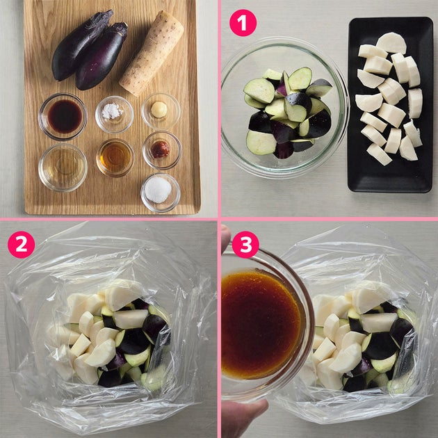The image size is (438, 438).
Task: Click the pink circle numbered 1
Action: pyautogui.click(x=243, y=23)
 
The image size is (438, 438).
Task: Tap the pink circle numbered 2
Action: pyautogui.click(x=22, y=245)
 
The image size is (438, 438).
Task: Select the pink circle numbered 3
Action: pyautogui.click(x=245, y=245)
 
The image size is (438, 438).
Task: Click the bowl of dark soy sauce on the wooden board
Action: pyautogui.click(x=63, y=117)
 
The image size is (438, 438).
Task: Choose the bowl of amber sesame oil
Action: pyautogui.click(x=115, y=158)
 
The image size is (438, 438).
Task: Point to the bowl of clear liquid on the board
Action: pyautogui.click(x=63, y=168)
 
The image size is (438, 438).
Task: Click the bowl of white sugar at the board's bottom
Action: pyautogui.click(x=161, y=193)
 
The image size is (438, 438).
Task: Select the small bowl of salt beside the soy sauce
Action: pyautogui.click(x=114, y=114)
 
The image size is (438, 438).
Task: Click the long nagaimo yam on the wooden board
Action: pyautogui.click(x=152, y=53)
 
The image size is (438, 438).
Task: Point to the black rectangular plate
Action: pyautogui.click(x=390, y=105)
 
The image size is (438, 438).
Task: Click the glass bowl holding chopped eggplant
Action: pyautogui.click(x=284, y=108)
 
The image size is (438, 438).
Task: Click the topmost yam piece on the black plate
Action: pyautogui.click(x=391, y=43)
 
